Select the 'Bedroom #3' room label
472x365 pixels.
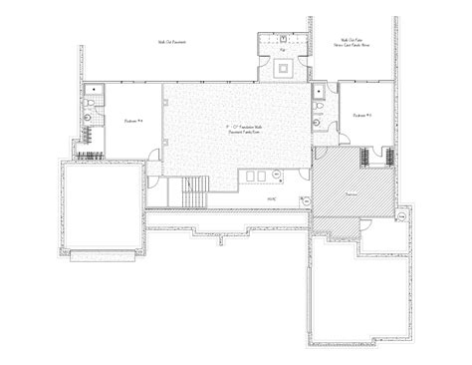361,116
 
